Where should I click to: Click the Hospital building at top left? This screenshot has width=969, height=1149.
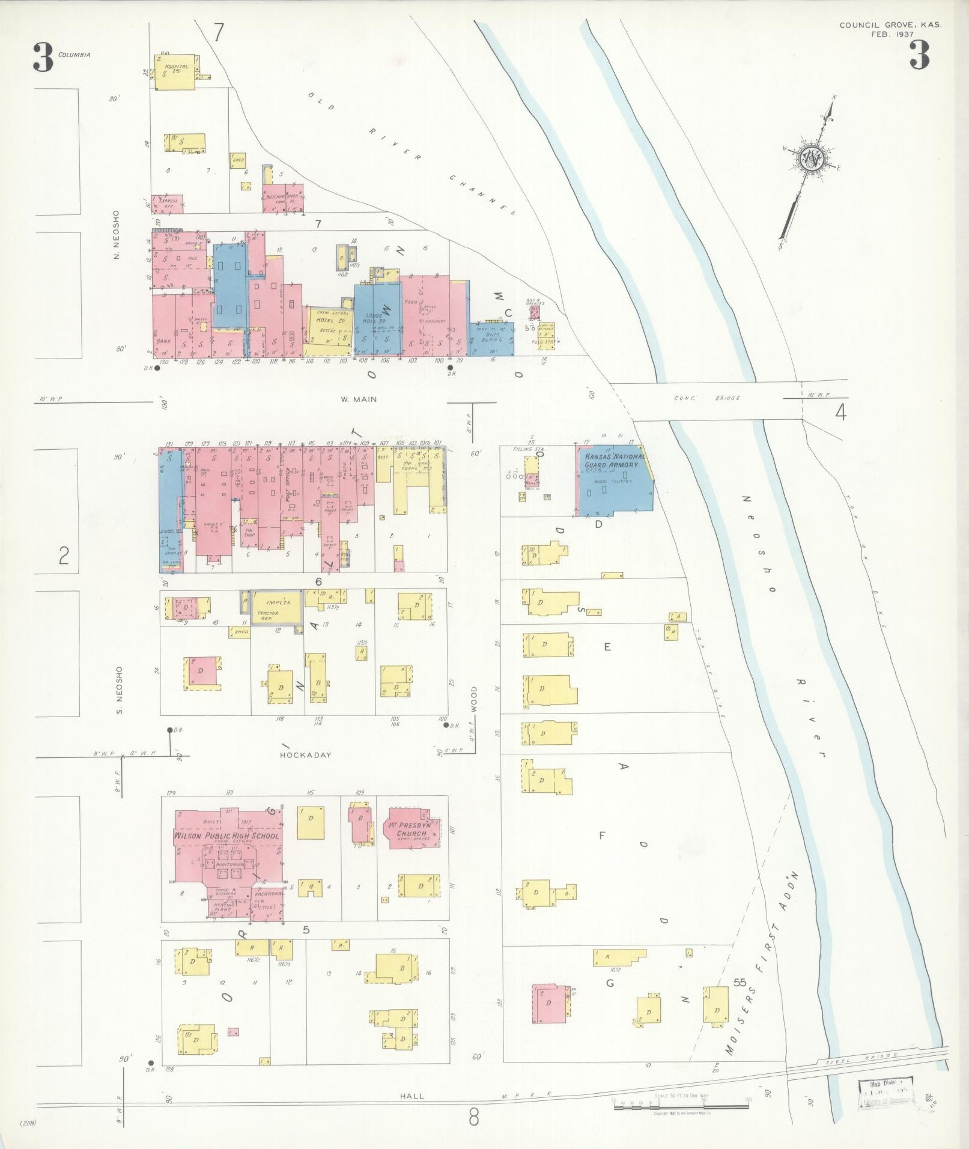point(176,72)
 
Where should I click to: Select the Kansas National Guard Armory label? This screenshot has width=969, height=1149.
point(612,461)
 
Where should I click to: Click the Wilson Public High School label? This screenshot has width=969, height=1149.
point(226,835)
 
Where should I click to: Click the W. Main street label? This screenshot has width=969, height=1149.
point(358,399)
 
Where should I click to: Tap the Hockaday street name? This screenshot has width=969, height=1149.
point(306,755)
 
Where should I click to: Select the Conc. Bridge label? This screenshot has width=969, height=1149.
point(707,398)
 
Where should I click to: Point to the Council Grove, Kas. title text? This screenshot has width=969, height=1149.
point(890,25)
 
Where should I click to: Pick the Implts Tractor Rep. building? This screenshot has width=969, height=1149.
point(275,607)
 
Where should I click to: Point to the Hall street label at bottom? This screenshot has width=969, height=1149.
point(412,1096)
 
